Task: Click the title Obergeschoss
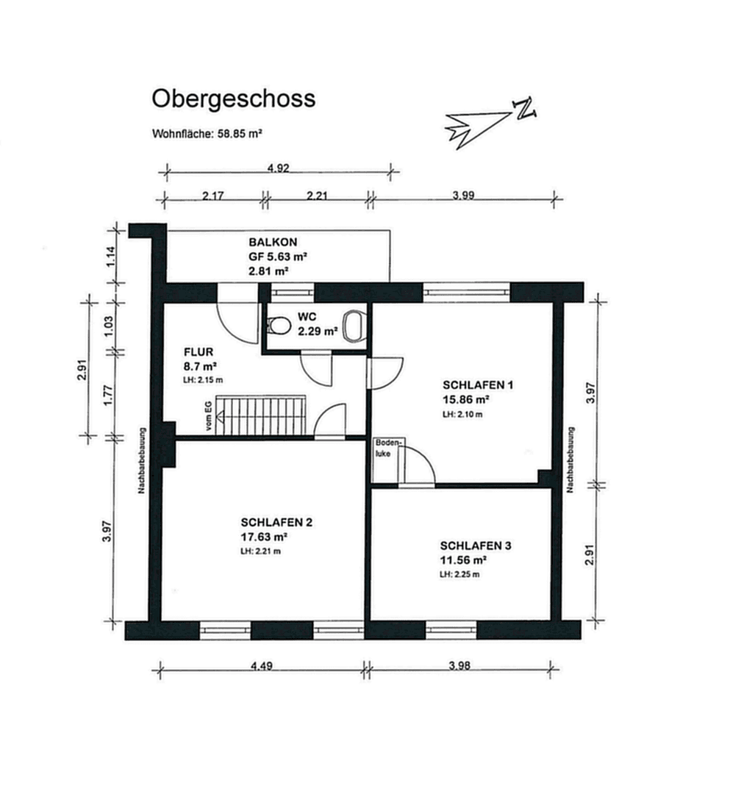(x=233, y=99)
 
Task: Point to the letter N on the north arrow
(x=525, y=109)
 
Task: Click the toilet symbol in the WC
(x=277, y=325)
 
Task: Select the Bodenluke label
(x=385, y=448)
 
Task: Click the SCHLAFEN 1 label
(x=476, y=385)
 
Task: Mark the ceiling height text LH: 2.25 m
(x=460, y=574)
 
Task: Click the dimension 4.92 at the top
(x=277, y=168)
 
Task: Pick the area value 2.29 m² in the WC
(x=318, y=332)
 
